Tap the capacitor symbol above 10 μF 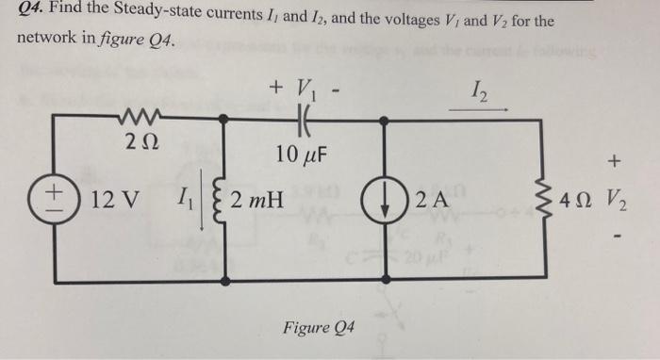pyautogui.click(x=303, y=120)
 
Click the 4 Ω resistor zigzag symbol pyautogui.click(x=546, y=201)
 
